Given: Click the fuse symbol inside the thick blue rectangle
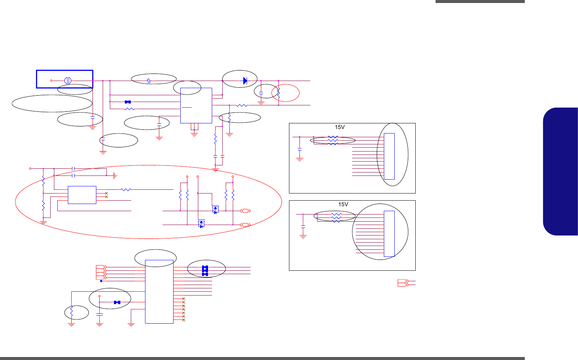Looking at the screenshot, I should [68, 81].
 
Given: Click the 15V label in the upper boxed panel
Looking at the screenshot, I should [340, 127].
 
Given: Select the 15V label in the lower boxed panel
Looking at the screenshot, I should [343, 205].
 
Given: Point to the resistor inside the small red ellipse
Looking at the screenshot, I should [279, 93].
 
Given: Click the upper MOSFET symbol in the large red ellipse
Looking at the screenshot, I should [215, 210].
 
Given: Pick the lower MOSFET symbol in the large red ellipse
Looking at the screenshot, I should [201, 224].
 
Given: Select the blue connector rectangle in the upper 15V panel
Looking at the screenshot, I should [389, 156].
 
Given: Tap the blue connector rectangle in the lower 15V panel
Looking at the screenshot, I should [389, 234].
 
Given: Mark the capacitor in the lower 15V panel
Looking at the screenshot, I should [303, 227].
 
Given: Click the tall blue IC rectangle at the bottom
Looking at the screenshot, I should [159, 291].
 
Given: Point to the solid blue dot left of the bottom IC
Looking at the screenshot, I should [101, 281].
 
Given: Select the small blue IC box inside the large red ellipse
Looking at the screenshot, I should [82, 195].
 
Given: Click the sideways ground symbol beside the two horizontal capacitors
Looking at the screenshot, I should [115, 175].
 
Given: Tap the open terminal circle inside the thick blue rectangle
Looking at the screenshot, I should [51, 81].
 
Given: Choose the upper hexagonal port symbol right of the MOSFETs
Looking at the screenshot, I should [245, 211].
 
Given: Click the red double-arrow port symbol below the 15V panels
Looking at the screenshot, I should [403, 283].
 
